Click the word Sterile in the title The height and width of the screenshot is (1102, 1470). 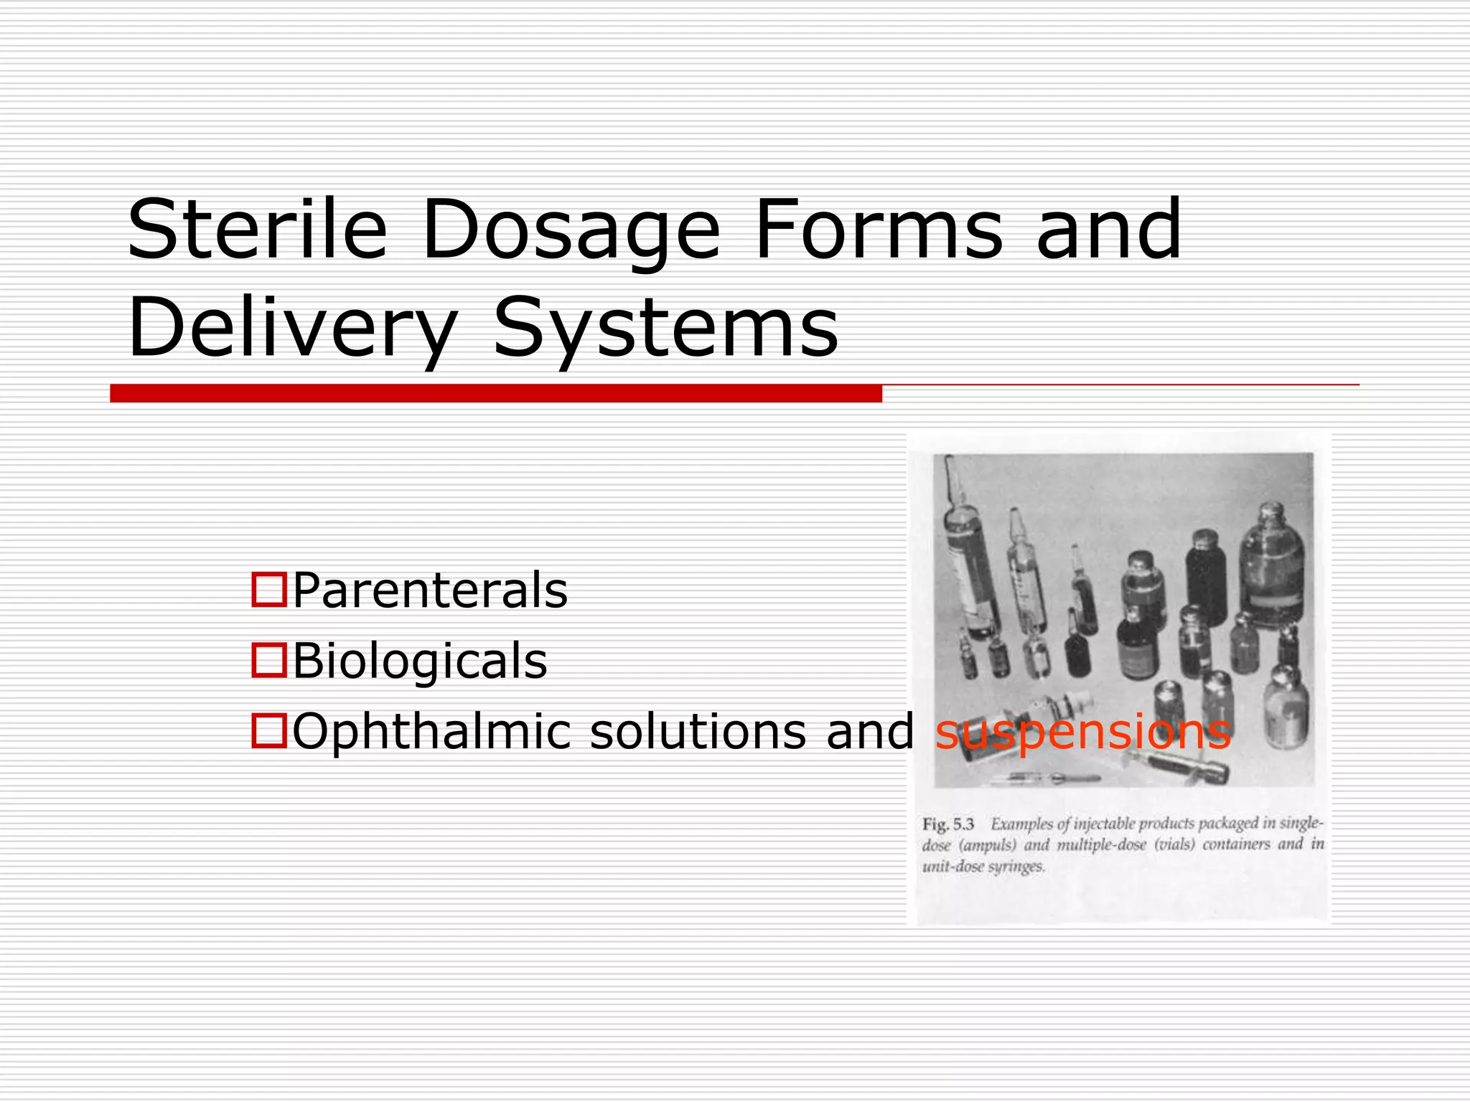click(x=257, y=230)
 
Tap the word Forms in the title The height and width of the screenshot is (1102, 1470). click(x=878, y=230)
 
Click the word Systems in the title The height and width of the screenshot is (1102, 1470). click(x=665, y=329)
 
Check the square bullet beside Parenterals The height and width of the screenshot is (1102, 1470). click(x=269, y=590)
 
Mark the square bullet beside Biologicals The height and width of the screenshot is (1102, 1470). click(x=269, y=660)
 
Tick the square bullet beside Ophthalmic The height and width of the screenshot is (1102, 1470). click(x=269, y=730)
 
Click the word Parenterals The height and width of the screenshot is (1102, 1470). click(x=430, y=590)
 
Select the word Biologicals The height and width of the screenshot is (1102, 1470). click(x=420, y=661)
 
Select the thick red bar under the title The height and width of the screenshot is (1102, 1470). click(x=495, y=393)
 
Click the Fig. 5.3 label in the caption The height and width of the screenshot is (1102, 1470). click(x=947, y=824)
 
